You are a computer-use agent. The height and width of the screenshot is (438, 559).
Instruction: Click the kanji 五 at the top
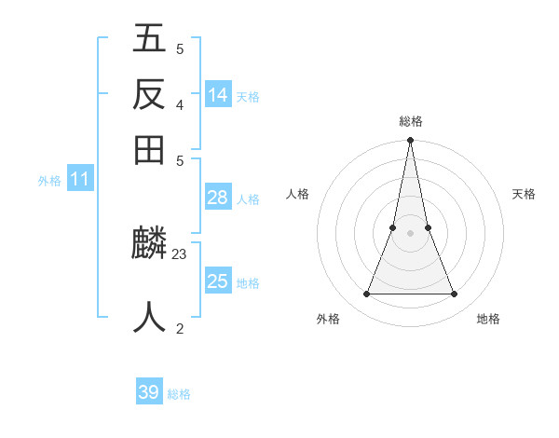click(150, 40)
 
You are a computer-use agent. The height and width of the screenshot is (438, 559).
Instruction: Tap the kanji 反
click(150, 94)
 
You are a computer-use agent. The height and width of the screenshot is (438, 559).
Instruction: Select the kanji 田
click(150, 148)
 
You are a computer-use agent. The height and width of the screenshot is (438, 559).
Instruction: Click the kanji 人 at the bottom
click(150, 316)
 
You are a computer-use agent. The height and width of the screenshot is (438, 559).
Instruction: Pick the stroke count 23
click(180, 253)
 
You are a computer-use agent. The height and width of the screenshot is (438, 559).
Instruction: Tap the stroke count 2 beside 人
click(180, 328)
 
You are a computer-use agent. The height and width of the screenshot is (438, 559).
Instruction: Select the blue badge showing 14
click(218, 95)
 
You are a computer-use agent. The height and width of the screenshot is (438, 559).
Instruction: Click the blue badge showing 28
click(218, 198)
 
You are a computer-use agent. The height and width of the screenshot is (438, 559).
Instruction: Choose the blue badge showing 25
click(218, 281)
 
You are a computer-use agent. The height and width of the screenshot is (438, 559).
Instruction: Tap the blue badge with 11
click(79, 180)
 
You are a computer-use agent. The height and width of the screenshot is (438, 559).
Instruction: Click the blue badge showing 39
click(149, 392)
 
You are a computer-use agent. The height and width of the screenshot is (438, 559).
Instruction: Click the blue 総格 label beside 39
click(179, 394)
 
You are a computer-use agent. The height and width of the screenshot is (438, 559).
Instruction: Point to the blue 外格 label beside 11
click(49, 181)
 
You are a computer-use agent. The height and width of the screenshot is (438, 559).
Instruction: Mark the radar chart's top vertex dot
click(410, 142)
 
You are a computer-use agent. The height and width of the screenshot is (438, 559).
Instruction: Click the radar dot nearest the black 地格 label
click(455, 294)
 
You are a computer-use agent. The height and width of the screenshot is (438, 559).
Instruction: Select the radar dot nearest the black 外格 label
click(366, 294)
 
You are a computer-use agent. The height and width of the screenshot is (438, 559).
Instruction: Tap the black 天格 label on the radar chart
click(525, 194)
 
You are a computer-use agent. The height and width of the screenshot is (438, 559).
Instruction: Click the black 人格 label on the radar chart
click(297, 194)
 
